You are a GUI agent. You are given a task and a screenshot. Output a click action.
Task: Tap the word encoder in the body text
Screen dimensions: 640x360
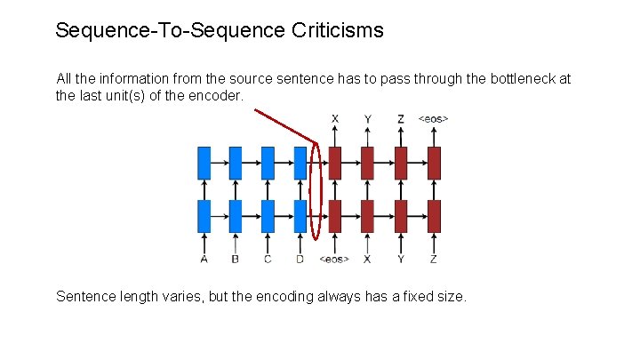coord(215,94)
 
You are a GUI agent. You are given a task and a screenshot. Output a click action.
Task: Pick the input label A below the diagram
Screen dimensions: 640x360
coord(204,260)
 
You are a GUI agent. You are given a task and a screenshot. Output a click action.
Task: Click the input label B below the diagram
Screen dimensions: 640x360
coord(236,260)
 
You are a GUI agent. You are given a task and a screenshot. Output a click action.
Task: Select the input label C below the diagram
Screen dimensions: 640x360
coord(268,260)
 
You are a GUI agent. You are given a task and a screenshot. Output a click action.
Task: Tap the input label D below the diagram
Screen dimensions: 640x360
coord(300,260)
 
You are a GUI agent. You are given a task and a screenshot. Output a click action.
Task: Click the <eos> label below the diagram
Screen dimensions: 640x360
coord(334,260)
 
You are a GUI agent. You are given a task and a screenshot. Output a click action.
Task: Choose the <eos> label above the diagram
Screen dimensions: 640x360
coord(434,118)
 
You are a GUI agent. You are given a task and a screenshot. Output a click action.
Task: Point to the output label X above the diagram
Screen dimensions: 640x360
coord(335,118)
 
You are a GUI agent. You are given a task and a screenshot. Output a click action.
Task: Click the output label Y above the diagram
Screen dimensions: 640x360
coord(368,118)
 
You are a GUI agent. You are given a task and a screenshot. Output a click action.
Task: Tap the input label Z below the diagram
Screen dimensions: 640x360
coord(434,260)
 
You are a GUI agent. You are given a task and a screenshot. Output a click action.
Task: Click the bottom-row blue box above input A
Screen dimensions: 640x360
coord(204,216)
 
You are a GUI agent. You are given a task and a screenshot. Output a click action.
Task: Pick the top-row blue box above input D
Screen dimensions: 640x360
coord(300,163)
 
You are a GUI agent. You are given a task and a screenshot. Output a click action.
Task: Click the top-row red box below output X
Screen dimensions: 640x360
coord(335,163)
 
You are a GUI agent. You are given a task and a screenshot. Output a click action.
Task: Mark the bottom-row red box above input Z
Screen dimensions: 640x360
coord(434,216)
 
